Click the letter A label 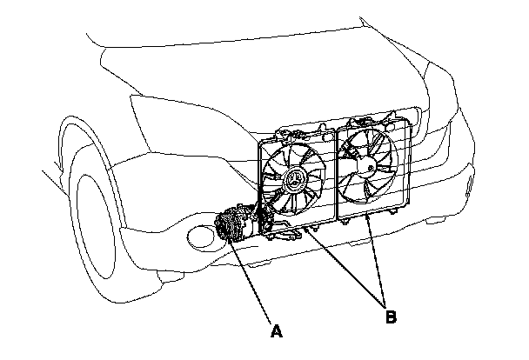277,331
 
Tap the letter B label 392,317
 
